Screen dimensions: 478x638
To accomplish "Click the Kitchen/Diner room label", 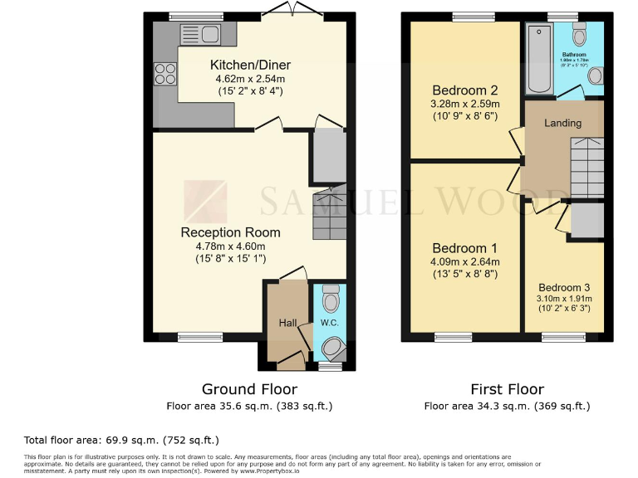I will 250,66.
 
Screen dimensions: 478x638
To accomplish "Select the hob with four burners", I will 164,76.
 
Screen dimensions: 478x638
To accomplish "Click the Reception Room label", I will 230,232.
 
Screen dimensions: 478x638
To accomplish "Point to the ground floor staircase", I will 329,212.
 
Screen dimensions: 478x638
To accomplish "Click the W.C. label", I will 330,322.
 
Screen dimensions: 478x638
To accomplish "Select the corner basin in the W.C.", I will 334,349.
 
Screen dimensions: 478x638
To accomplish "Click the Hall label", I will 287,322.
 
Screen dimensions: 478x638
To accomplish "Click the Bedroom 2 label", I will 454,90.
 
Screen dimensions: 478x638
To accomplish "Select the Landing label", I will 562,123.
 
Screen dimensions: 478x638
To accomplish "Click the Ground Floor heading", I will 249,388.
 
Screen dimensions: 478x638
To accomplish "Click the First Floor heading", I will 507,388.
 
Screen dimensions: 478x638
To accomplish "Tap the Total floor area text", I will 121,439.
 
